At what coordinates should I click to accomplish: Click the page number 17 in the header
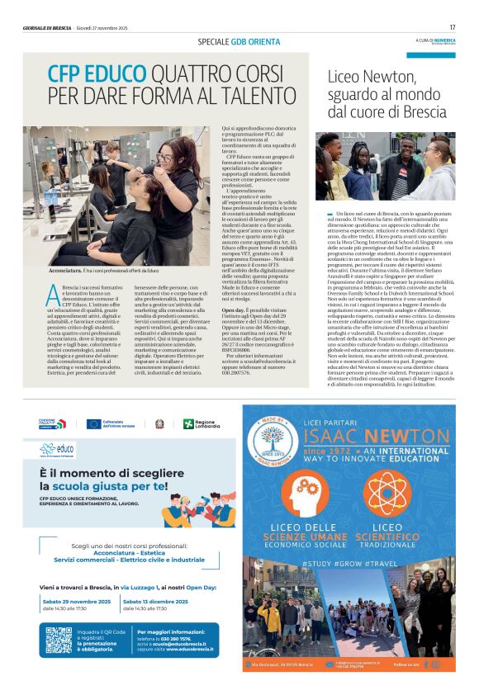(x=453, y=27)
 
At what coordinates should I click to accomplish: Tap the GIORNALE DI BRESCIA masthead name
(x=47, y=28)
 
